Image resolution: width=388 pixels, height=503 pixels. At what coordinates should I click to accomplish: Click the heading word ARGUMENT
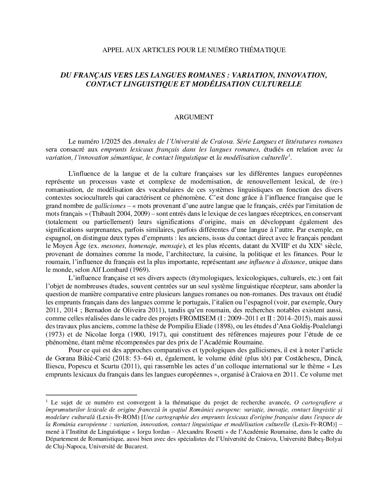(x=194, y=117)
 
